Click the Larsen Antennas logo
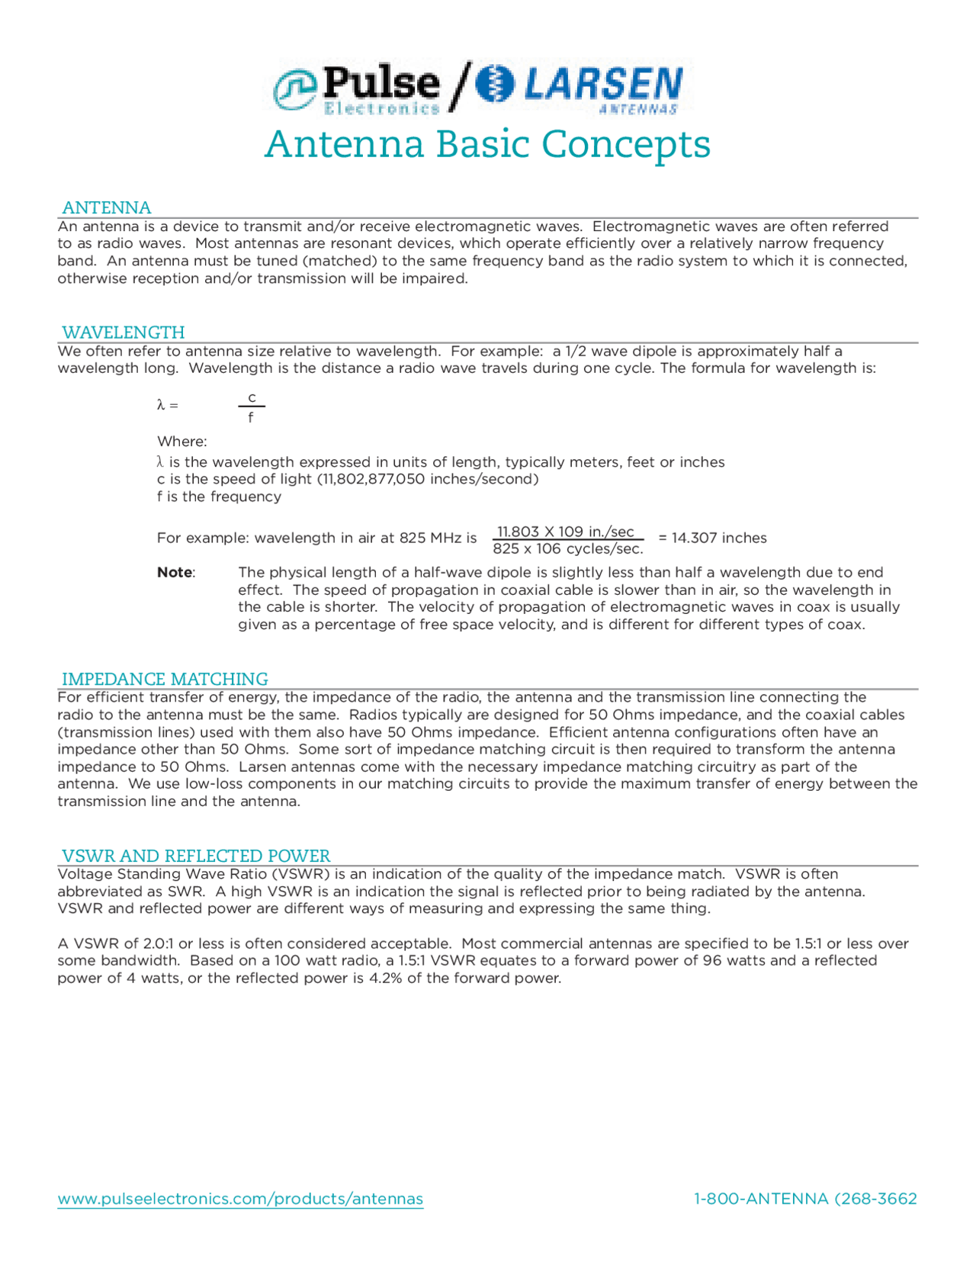pos(579,87)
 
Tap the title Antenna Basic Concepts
pos(487,144)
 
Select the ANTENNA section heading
pos(106,207)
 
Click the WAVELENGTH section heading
pos(123,333)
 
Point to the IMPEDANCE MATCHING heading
pos(165,679)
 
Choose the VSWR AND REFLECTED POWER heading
pos(196,856)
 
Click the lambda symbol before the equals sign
pos(161,405)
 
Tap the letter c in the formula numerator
pos(252,397)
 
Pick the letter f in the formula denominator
pos(251,418)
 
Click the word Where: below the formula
pos(181,442)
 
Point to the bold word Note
pos(175,572)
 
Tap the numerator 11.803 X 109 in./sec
pos(565,531)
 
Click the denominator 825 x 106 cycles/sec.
pos(567,548)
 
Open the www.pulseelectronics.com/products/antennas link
pos(240,1199)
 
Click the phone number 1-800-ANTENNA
pos(805,1199)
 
